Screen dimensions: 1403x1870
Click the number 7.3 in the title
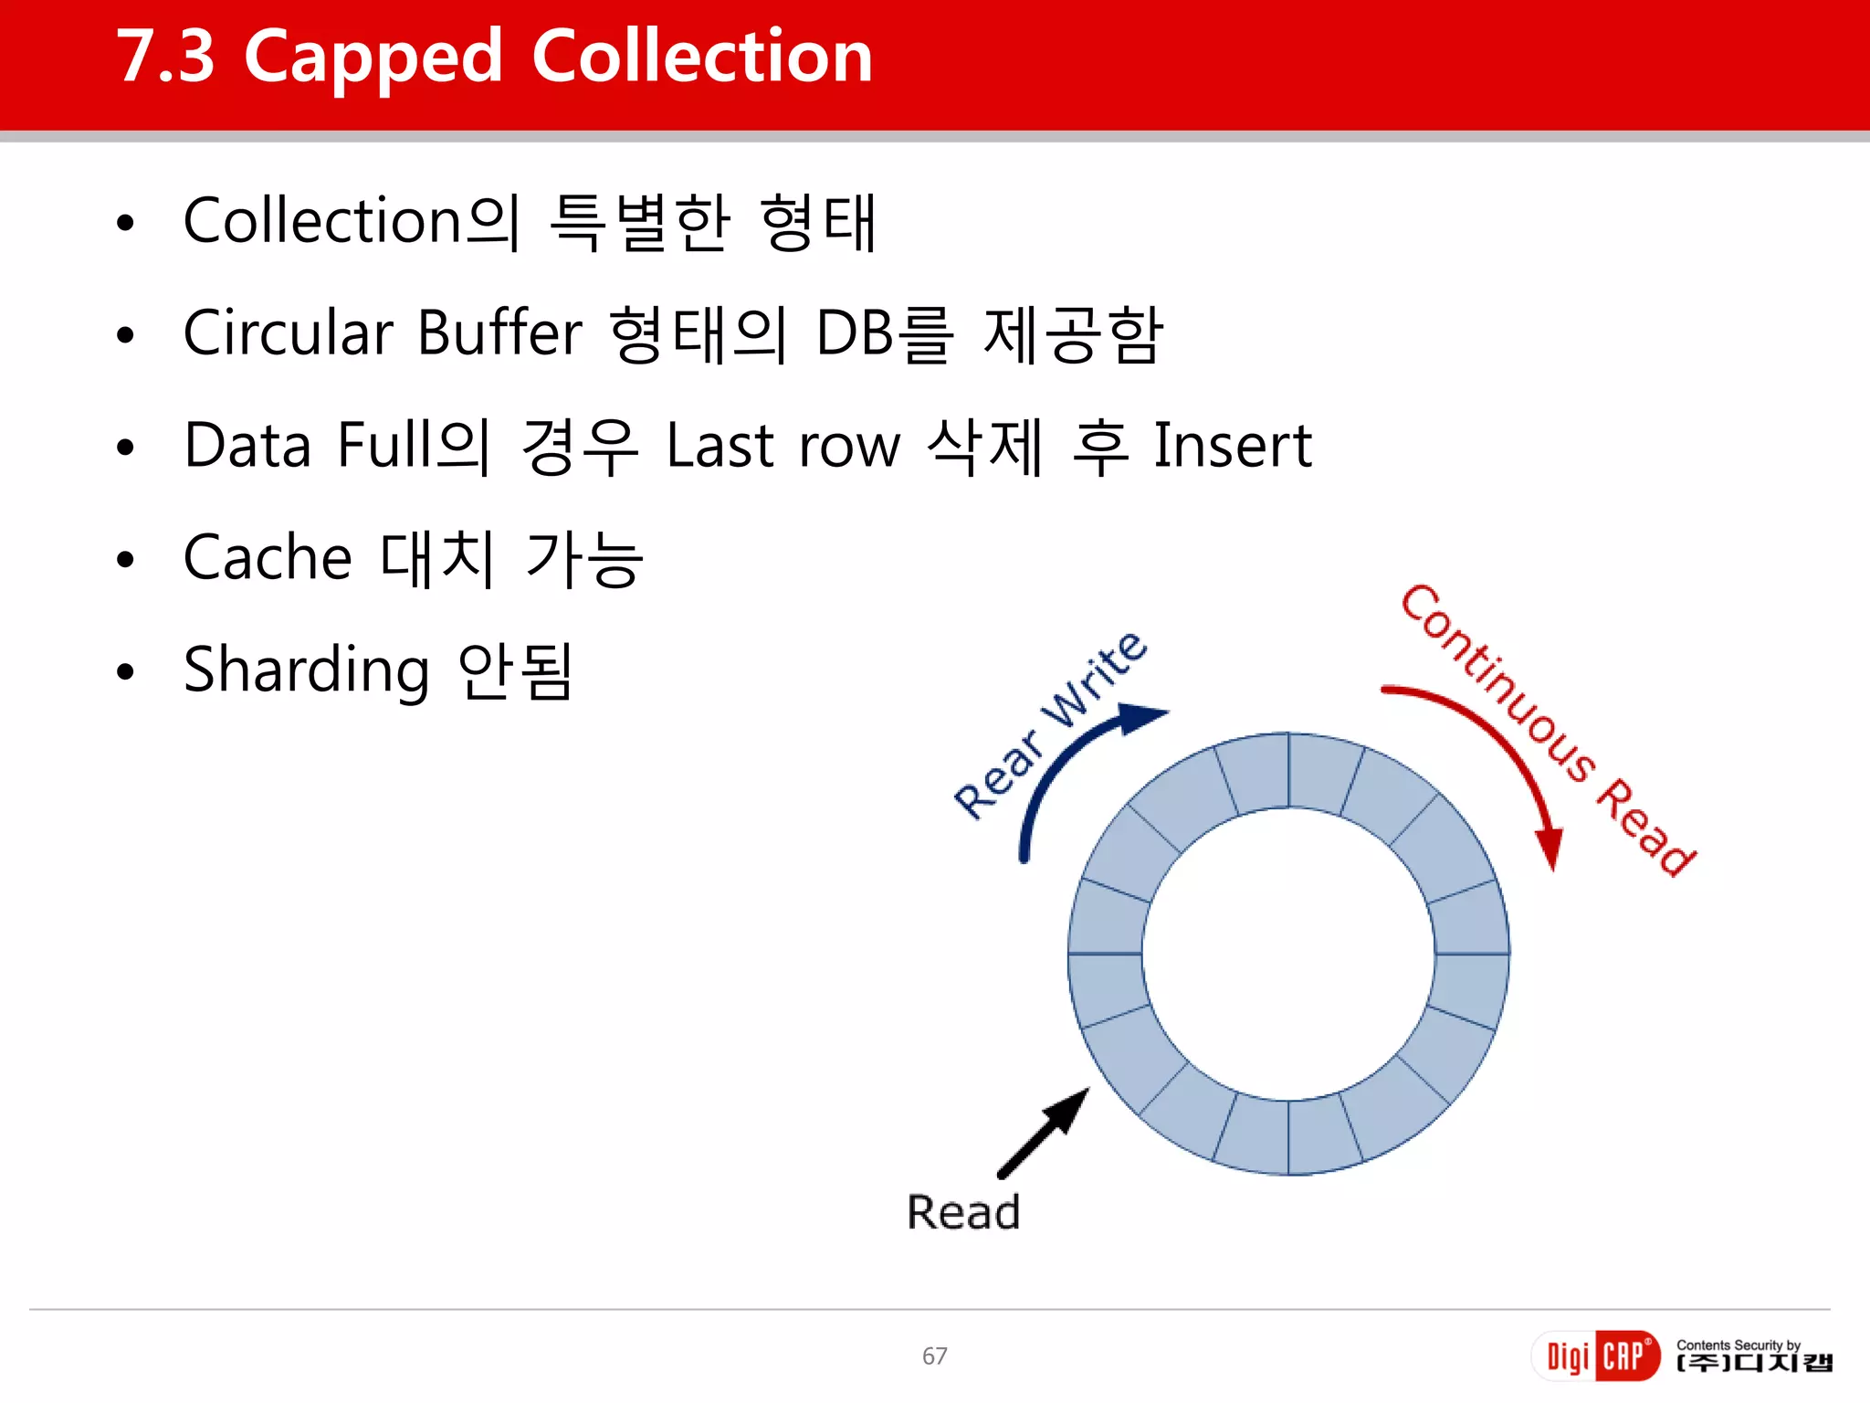[165, 58]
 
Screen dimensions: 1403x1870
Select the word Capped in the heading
[373, 58]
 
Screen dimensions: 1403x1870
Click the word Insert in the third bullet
[1233, 446]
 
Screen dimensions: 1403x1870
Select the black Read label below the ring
[962, 1213]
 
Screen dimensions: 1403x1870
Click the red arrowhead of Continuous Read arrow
[1550, 849]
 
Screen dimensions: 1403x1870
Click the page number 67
[934, 1356]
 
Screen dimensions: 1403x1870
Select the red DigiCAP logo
[1594, 1356]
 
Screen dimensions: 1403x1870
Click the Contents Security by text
[1738, 1345]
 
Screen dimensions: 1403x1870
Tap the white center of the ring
[1287, 954]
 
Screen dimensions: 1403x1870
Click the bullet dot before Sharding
[126, 672]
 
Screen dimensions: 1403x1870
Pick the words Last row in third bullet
[783, 446]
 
